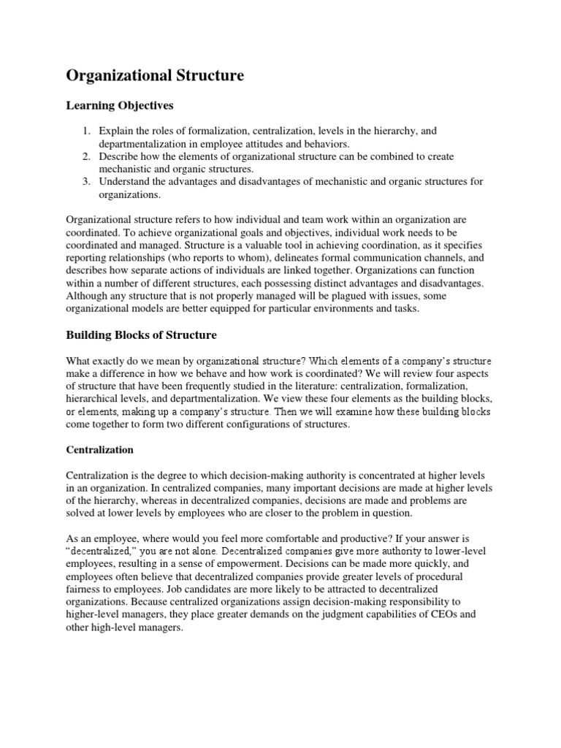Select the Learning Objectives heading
[x=120, y=106]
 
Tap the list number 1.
[x=85, y=131]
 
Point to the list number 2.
[x=85, y=156]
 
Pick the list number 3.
[x=85, y=181]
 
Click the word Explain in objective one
[x=115, y=131]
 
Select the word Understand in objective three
[x=126, y=181]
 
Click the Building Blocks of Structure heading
[x=141, y=335]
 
